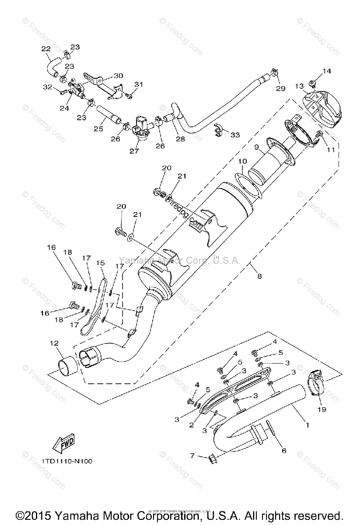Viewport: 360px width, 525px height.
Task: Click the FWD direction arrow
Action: click(x=63, y=444)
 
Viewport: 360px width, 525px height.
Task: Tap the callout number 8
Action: click(x=260, y=276)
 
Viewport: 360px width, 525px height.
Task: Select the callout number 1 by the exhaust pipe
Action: click(x=307, y=424)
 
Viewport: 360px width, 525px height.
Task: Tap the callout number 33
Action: click(x=235, y=135)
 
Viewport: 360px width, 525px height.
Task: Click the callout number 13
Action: click(x=299, y=86)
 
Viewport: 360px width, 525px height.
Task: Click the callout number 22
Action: click(x=45, y=49)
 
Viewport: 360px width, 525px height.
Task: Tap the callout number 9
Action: click(x=257, y=147)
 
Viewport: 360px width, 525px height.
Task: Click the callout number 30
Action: click(x=106, y=75)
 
